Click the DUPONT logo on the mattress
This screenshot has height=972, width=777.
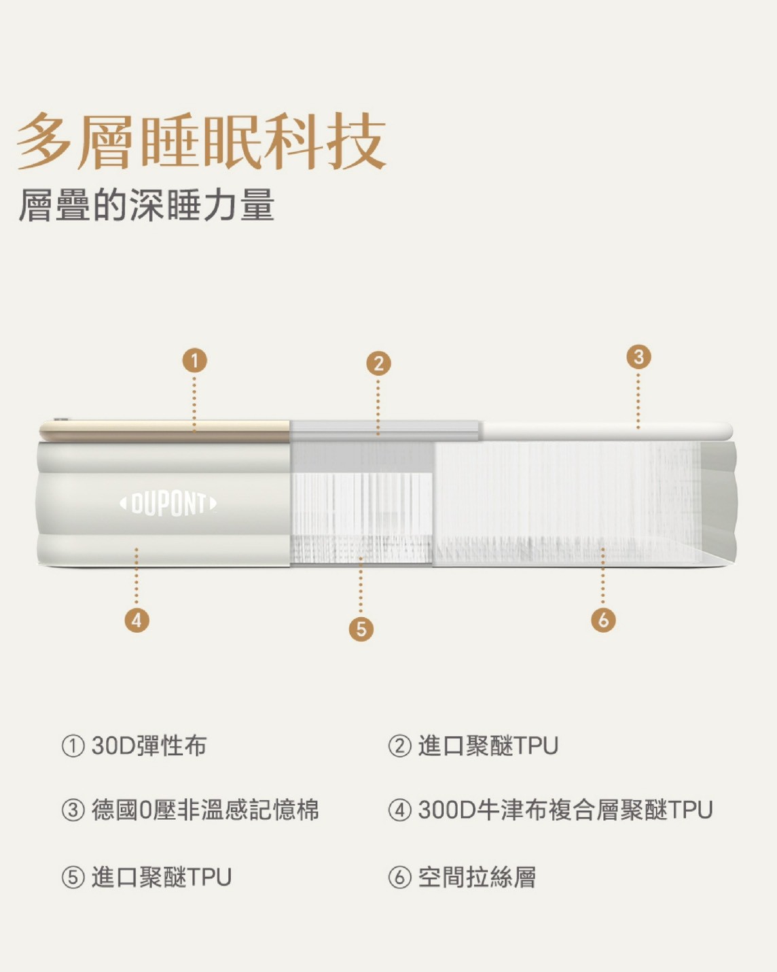(168, 503)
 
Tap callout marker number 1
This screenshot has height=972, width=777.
(194, 360)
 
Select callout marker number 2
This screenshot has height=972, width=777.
(378, 364)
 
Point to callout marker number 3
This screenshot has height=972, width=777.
(639, 357)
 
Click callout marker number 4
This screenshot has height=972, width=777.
(137, 620)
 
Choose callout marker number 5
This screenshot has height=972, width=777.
(361, 629)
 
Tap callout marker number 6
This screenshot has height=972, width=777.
(603, 620)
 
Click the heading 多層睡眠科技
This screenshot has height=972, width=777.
(202, 141)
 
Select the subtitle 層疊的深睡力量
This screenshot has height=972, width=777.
(147, 205)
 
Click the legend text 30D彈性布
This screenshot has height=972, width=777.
(149, 746)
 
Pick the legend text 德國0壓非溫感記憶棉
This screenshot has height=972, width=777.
(205, 810)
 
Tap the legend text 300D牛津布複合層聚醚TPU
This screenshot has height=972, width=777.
(565, 810)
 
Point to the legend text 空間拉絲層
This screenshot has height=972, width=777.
(477, 878)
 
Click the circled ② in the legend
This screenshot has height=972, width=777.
(400, 746)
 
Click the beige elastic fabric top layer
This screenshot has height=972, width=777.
(165, 430)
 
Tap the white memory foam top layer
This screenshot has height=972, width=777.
(606, 430)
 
